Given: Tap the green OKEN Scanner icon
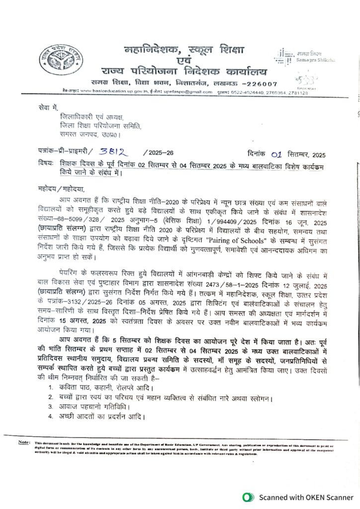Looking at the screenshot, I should click(247, 497).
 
